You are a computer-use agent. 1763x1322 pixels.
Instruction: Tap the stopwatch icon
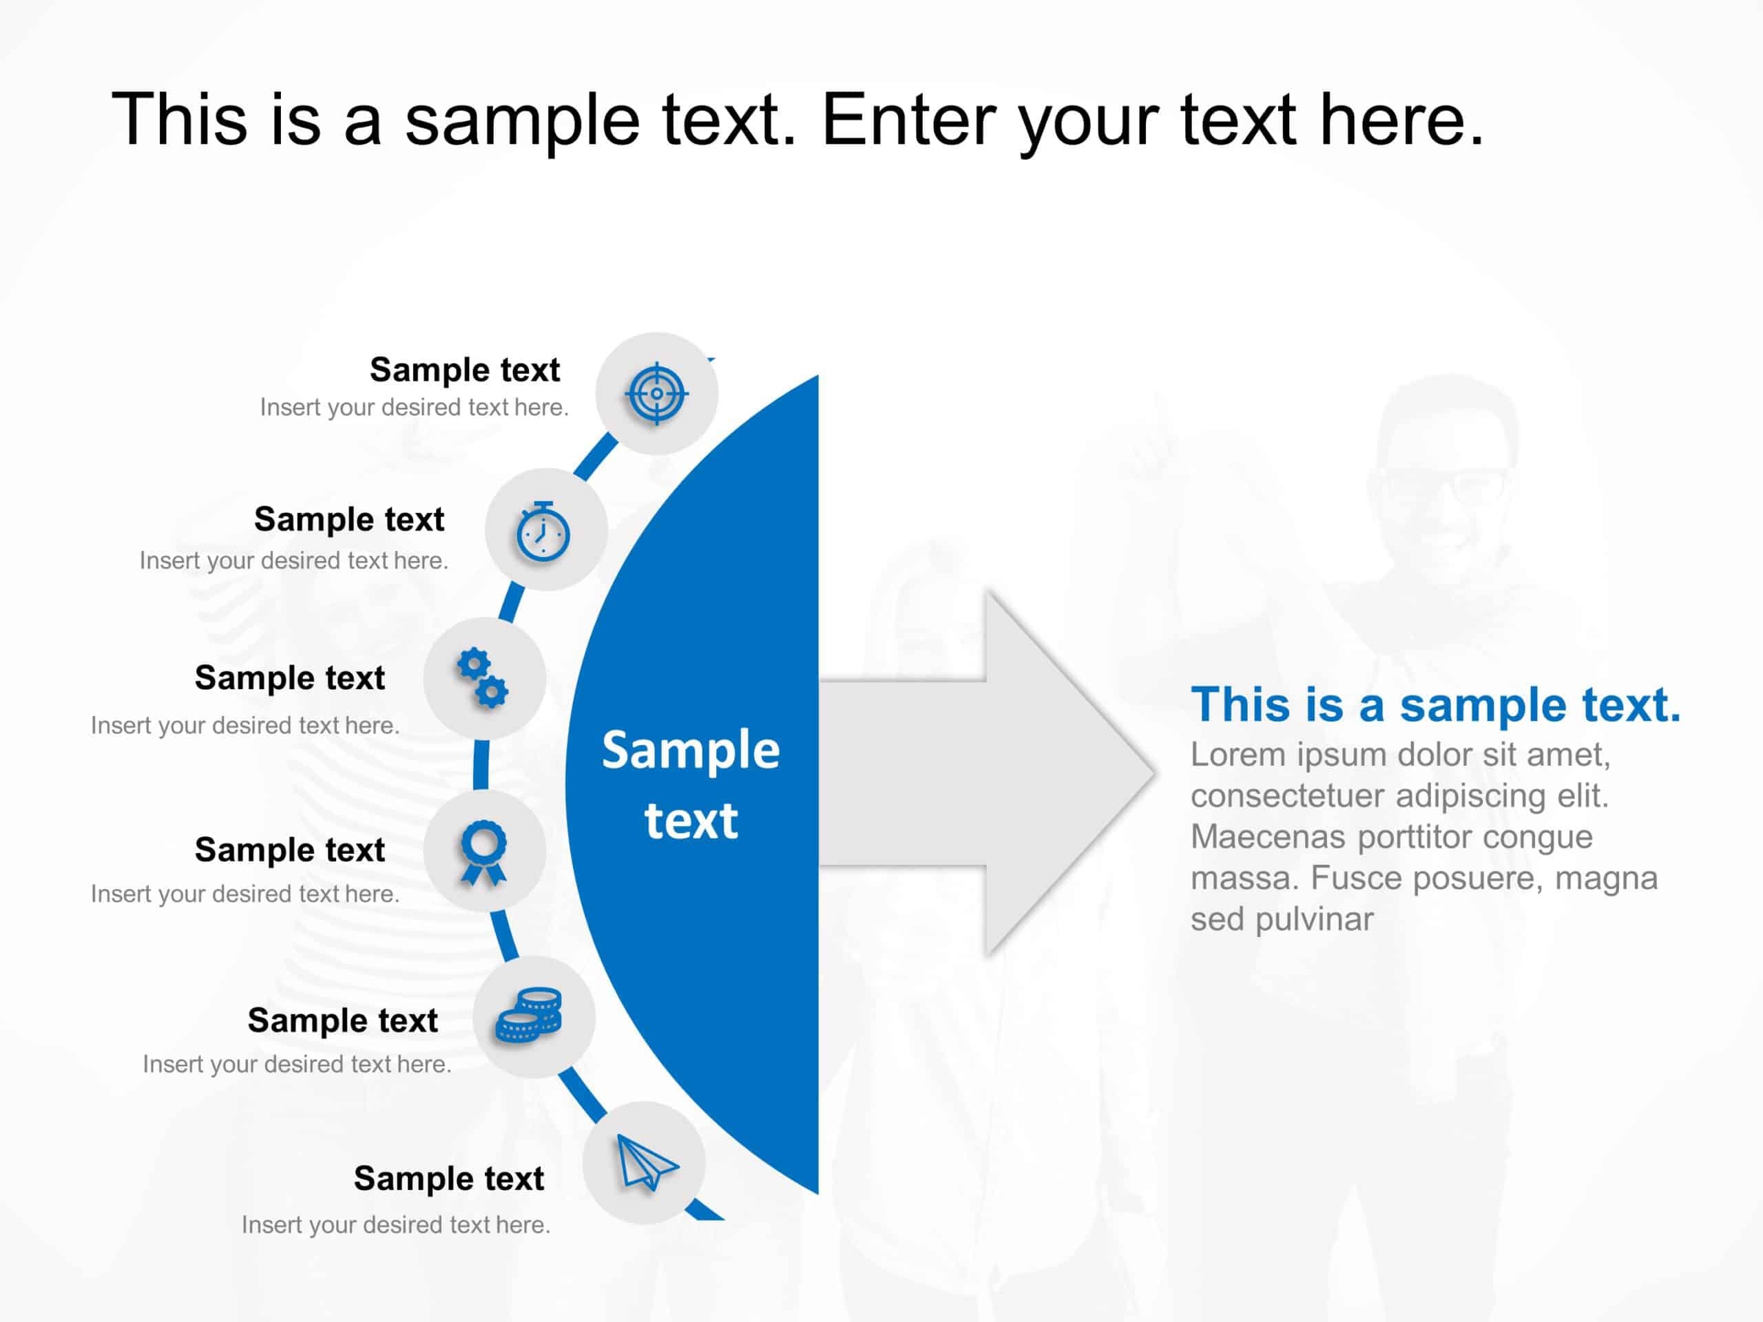click(543, 532)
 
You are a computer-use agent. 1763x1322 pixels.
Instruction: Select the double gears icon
click(482, 678)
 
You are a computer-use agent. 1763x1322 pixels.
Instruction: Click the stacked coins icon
click(529, 1015)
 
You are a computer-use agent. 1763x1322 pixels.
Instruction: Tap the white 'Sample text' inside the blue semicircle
click(691, 784)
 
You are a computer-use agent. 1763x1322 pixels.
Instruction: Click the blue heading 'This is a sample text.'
click(1435, 704)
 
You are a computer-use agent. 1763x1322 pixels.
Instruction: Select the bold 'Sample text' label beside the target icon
click(465, 370)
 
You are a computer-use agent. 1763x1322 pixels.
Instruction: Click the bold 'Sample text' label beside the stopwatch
click(349, 520)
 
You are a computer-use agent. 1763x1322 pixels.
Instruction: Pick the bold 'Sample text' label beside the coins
click(343, 1021)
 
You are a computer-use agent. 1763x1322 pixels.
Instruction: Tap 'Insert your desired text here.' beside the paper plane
click(396, 1225)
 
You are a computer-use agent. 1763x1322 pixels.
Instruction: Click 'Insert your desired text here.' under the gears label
click(244, 725)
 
